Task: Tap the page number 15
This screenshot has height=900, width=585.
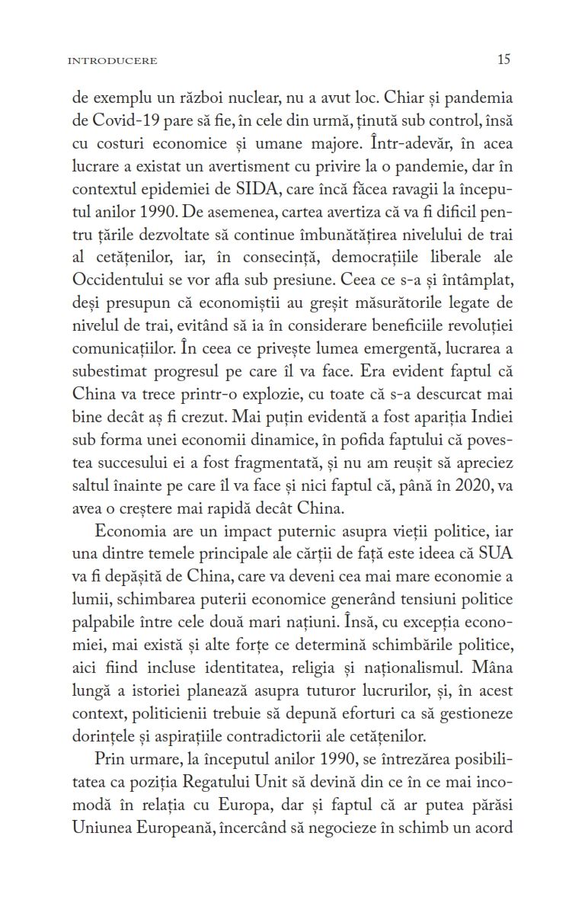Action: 503,59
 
